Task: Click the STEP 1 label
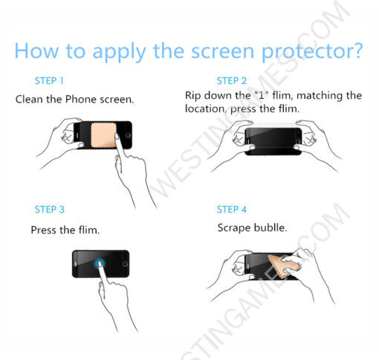point(49,81)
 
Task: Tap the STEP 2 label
point(232,81)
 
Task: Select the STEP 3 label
point(50,210)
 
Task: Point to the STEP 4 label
point(232,210)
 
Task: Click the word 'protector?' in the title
point(312,51)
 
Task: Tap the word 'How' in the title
point(36,51)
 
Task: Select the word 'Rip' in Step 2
point(193,96)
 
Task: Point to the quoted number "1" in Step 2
point(262,94)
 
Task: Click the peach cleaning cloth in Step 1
point(104,135)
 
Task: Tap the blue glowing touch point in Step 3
point(100,264)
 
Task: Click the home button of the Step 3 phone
point(126,264)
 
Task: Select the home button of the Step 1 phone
point(128,135)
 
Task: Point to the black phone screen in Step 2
point(273,141)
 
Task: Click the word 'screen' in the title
point(223,51)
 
